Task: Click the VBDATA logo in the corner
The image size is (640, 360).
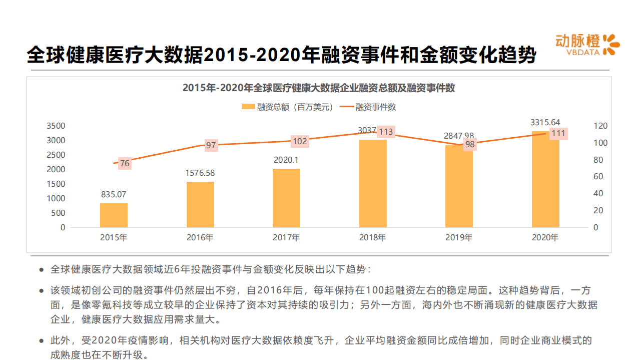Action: point(587,45)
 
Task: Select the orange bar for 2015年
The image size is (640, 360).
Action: point(114,215)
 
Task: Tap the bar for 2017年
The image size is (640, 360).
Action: point(286,198)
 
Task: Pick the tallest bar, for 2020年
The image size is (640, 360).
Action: point(545,179)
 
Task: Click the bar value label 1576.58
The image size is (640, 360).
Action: point(200,173)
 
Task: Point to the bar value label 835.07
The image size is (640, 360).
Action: point(114,194)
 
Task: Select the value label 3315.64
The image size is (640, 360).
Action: point(545,122)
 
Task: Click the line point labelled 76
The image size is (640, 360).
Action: point(125,163)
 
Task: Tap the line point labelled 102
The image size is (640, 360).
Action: point(300,141)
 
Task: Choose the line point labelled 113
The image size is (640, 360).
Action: point(386,132)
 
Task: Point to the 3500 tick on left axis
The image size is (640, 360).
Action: point(56,126)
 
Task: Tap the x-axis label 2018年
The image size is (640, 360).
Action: point(372,238)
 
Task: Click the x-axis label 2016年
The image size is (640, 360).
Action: point(200,238)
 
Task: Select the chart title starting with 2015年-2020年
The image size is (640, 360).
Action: point(319,88)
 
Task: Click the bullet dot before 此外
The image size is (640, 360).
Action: point(42,341)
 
